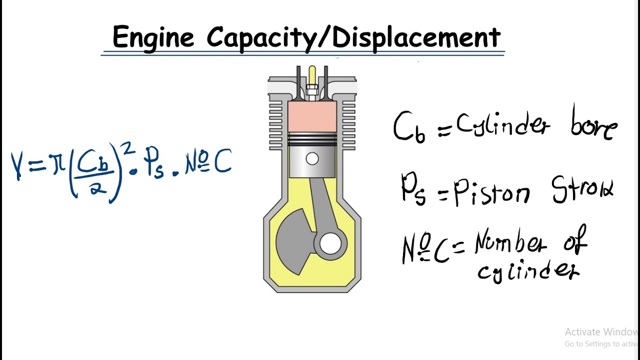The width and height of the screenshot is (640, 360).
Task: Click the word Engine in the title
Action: click(x=153, y=37)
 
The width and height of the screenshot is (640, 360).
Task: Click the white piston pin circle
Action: click(x=312, y=159)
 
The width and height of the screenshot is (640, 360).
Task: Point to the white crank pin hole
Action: click(x=330, y=244)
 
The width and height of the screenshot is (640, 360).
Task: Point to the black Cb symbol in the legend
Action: click(x=409, y=127)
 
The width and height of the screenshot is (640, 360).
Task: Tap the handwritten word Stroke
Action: click(x=583, y=190)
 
